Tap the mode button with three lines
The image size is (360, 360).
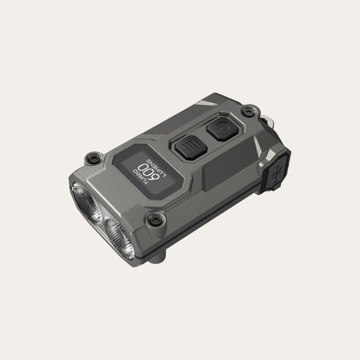coord(191,147)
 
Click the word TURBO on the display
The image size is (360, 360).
coord(141,177)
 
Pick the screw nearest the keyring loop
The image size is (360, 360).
coord(249,112)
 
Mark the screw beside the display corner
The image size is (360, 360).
coord(93,157)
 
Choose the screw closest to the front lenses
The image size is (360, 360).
coord(156,220)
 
